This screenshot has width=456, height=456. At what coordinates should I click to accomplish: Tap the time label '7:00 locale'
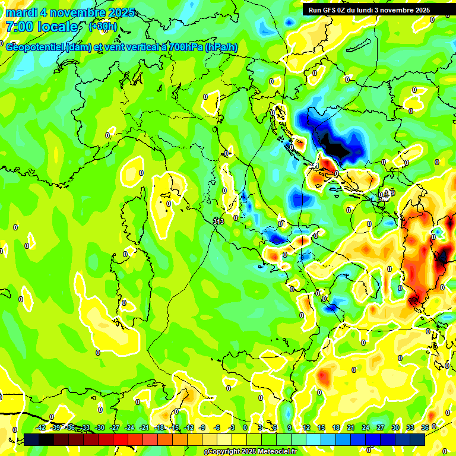pyautogui.click(x=42, y=27)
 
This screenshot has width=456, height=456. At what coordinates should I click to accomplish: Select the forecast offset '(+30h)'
pyautogui.click(x=103, y=27)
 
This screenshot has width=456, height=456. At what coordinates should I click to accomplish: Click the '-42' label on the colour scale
pyautogui.click(x=41, y=427)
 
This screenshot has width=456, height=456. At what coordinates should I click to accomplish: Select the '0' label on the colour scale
pyautogui.click(x=245, y=427)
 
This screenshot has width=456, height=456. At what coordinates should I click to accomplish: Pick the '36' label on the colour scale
pyautogui.click(x=425, y=427)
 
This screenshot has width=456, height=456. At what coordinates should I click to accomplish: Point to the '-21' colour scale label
pyautogui.click(x=144, y=427)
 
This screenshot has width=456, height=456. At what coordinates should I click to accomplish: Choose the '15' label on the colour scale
pyautogui.click(x=321, y=427)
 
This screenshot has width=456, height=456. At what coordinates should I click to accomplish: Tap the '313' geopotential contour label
pyautogui.click(x=218, y=221)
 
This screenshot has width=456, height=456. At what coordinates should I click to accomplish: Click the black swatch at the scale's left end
pyautogui.click(x=31, y=439)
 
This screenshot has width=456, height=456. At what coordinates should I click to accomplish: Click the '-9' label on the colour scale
pyautogui.click(x=202, y=427)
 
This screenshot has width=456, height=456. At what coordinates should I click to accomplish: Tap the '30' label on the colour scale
pyautogui.click(x=395, y=427)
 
